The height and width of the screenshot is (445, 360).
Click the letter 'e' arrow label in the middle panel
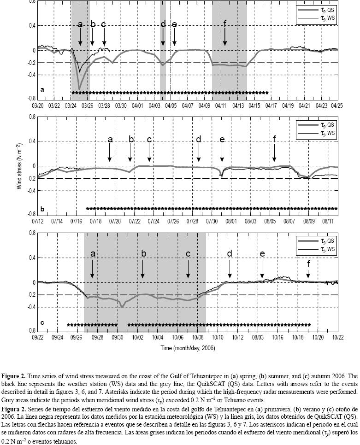pyautogui.click(x=222, y=140)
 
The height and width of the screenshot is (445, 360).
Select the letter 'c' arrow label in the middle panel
pyautogui.click(x=149, y=140)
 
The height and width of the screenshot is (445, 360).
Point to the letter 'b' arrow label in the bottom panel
pyautogui.click(x=143, y=254)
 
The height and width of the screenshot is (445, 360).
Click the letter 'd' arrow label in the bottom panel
pyautogui.click(x=230, y=254)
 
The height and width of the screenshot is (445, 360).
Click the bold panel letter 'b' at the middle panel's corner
pyautogui.click(x=42, y=209)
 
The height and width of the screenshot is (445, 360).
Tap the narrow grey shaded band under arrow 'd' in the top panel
pyautogui.click(x=163, y=69)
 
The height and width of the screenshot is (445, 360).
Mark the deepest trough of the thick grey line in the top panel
pyautogui.click(x=79, y=88)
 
